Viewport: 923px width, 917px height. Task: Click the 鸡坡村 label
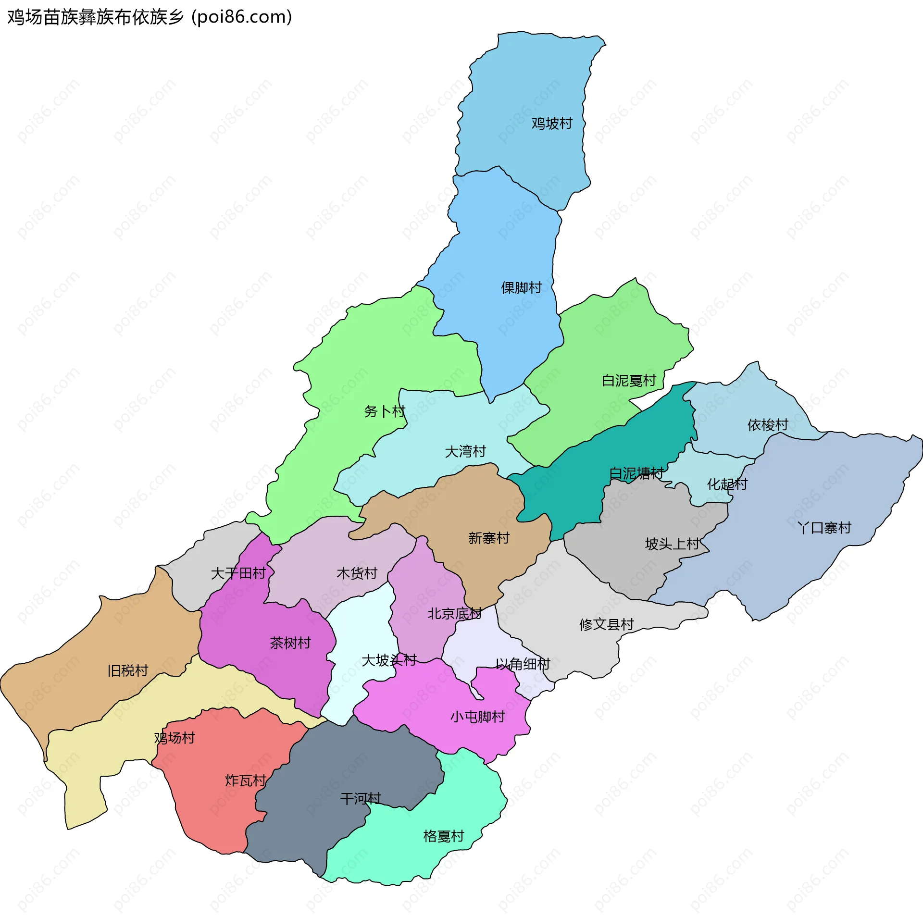point(552,124)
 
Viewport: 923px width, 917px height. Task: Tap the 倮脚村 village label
point(522,288)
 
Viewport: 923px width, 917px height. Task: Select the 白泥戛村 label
point(629,381)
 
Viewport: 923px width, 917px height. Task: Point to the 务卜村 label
point(385,411)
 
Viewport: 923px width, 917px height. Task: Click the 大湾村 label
point(465,451)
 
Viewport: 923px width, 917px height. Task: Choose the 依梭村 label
point(768,425)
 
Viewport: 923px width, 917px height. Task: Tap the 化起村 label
point(727,484)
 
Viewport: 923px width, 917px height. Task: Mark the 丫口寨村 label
point(824,528)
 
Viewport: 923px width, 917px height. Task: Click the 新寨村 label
point(489,538)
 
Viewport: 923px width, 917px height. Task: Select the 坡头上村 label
point(672,544)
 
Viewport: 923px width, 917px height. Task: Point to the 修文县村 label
point(607,624)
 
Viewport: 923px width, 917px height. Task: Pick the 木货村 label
point(357,573)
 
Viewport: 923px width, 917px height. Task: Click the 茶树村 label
point(290,643)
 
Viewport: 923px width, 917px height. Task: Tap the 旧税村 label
point(127,670)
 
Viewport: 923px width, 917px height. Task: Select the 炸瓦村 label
point(246,780)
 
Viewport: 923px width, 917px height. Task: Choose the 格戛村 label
point(444,836)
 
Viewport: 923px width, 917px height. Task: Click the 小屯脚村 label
point(477,717)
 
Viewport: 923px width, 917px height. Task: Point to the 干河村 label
point(361,799)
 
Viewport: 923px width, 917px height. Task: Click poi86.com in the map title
point(242,17)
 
